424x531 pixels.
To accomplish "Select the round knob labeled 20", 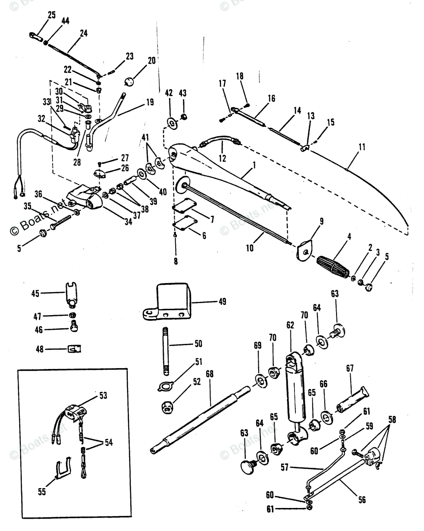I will pos(129,82).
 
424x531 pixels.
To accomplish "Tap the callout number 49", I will pos(222,302).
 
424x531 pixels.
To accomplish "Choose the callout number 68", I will pos(209,373).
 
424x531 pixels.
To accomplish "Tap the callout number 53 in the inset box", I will pos(103,396).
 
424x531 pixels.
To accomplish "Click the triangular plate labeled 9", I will pos(304,251).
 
